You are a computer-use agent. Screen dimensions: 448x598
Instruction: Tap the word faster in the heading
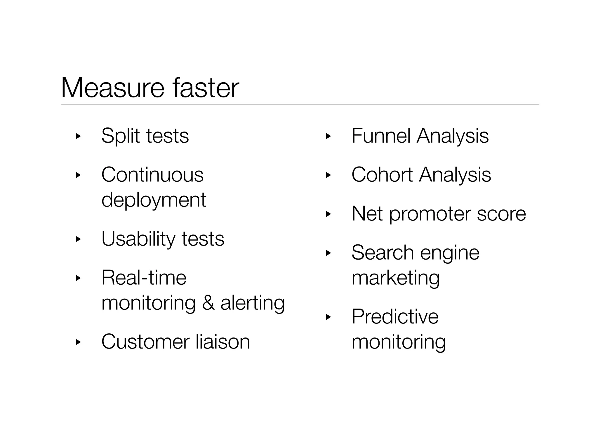pyautogui.click(x=206, y=87)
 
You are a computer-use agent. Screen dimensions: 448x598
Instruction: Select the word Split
pyautogui.click(x=121, y=136)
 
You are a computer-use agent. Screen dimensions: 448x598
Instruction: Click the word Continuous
pyautogui.click(x=152, y=175)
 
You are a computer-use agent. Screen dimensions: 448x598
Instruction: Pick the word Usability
pyautogui.click(x=138, y=239)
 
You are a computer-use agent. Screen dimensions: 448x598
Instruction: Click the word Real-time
pyautogui.click(x=144, y=278)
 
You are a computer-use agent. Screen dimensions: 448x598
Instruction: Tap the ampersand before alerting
pyautogui.click(x=208, y=303)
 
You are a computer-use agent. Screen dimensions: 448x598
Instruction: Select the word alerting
pyautogui.click(x=253, y=303)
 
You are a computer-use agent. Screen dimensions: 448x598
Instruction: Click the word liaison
pyautogui.click(x=223, y=342)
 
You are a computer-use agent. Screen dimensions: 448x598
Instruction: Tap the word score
pyautogui.click(x=501, y=214)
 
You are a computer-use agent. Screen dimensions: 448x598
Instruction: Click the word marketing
pyautogui.click(x=396, y=278)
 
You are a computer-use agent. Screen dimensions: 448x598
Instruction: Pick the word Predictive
pyautogui.click(x=395, y=316)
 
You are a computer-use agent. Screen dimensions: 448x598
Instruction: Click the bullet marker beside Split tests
pyautogui.click(x=78, y=136)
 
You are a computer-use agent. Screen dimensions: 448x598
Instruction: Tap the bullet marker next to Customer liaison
pyautogui.click(x=78, y=342)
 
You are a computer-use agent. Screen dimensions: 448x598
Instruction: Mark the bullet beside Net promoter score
pyautogui.click(x=328, y=214)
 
